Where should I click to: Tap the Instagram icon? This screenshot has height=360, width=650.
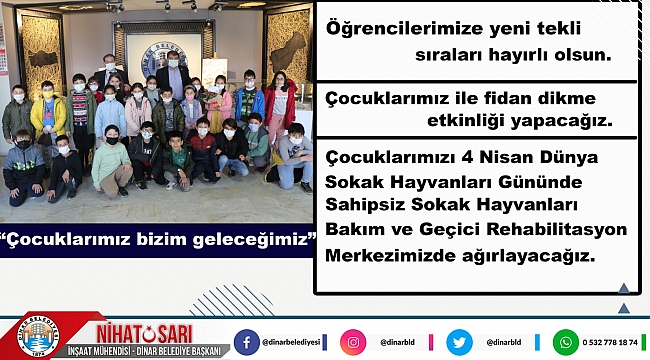(353, 342)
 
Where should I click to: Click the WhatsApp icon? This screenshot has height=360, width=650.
(566, 342)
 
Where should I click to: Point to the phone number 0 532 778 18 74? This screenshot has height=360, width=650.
(612, 342)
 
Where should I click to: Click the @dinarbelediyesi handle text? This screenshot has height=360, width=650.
(296, 342)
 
